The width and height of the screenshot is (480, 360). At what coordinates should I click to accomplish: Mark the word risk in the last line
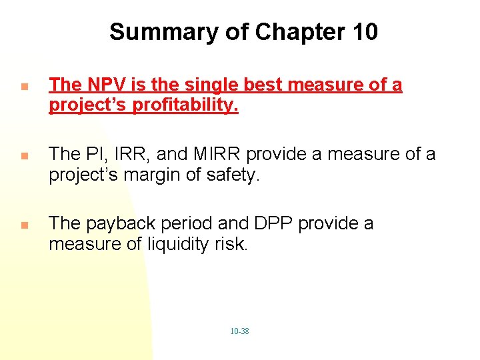point(234,245)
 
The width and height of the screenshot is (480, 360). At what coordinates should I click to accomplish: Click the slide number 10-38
point(239,331)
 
